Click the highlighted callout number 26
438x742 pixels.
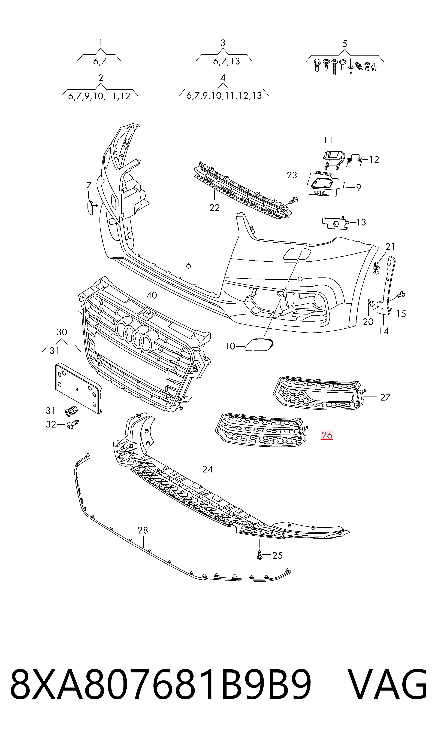point(327,435)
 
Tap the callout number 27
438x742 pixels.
point(385,397)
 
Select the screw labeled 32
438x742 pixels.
point(73,424)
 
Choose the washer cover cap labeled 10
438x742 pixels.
point(259,344)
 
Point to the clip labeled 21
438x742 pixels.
point(376,268)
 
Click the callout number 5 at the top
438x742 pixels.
point(345,44)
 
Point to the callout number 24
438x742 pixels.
point(207,469)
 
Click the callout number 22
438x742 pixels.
point(215,208)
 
